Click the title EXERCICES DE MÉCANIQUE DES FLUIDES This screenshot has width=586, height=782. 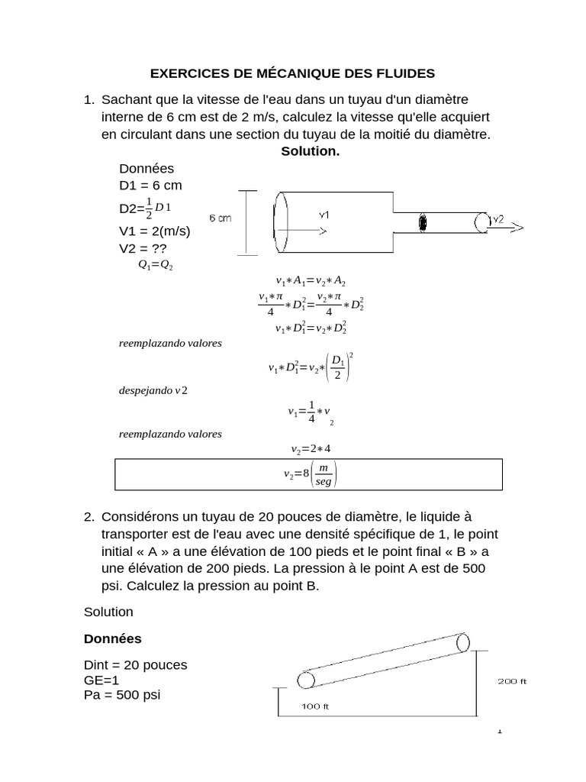tap(292, 73)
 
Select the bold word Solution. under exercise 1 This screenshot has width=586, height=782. tap(310, 151)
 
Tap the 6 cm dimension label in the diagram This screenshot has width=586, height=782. tap(219, 218)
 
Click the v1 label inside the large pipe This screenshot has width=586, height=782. tap(324, 215)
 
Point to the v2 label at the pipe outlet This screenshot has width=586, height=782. tap(497, 219)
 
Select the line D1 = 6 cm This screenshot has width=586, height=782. tap(150, 186)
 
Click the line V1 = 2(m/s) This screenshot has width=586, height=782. tap(155, 231)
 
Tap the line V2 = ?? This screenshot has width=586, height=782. tap(143, 248)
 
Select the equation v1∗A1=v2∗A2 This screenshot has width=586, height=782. tap(310, 282)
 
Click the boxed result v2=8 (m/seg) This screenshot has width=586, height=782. tap(309, 474)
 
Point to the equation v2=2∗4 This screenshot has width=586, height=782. tap(309, 448)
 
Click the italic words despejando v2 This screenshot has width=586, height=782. tap(153, 390)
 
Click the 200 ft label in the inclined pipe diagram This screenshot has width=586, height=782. tap(512, 682)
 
